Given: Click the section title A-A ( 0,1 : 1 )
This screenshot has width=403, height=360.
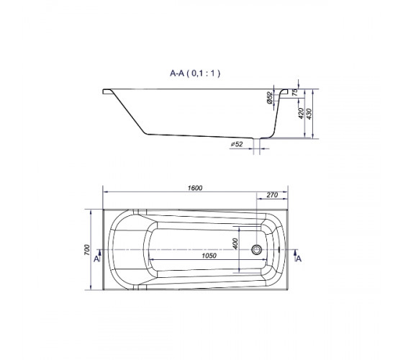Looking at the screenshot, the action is click(x=195, y=73).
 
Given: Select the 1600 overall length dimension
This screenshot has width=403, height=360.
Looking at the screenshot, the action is click(x=195, y=188).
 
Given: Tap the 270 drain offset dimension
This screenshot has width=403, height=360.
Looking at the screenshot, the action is click(x=272, y=195).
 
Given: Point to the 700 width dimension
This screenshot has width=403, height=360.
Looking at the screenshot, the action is click(x=87, y=250).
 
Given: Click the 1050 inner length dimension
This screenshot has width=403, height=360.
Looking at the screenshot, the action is click(x=209, y=256).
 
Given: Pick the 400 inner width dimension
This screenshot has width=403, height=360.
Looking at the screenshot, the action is click(x=235, y=244).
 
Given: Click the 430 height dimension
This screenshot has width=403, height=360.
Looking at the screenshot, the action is click(x=309, y=114).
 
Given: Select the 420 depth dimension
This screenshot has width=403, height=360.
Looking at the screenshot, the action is click(x=301, y=114).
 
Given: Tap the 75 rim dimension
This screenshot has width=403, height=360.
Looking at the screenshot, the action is click(x=295, y=92).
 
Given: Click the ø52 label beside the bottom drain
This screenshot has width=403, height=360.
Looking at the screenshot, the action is click(x=237, y=144).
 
